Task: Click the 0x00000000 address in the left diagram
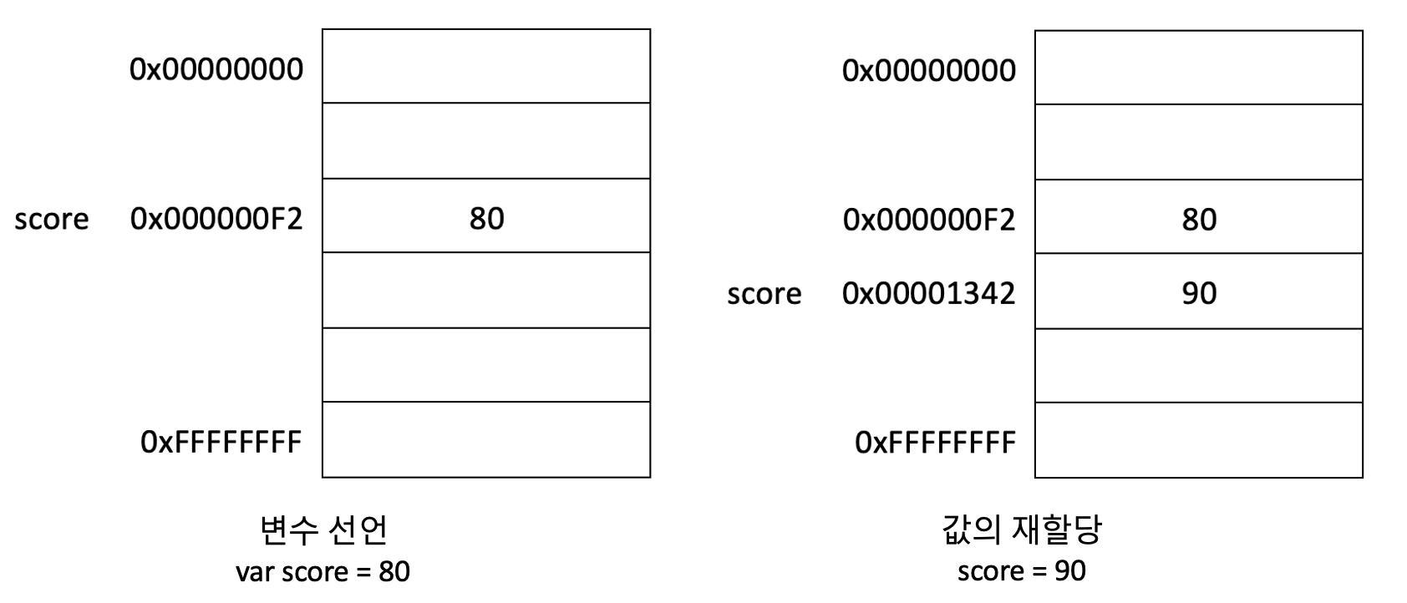(216, 69)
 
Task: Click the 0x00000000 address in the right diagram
(928, 71)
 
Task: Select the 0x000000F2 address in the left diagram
(216, 219)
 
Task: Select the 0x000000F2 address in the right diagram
(928, 220)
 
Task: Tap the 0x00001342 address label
(928, 293)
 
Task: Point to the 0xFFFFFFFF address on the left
(221, 442)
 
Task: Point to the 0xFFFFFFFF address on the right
(934, 442)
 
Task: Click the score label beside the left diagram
(51, 219)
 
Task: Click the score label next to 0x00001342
(764, 294)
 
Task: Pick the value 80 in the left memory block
(486, 219)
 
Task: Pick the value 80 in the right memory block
(1199, 220)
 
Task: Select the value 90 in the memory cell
(1199, 293)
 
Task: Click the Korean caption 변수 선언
(323, 530)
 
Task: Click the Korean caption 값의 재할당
(1021, 530)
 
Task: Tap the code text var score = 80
(323, 572)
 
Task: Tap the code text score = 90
(1021, 571)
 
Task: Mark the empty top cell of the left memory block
(486, 66)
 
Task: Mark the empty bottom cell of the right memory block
(1199, 440)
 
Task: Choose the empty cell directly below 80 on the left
(486, 290)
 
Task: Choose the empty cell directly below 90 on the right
(1199, 366)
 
